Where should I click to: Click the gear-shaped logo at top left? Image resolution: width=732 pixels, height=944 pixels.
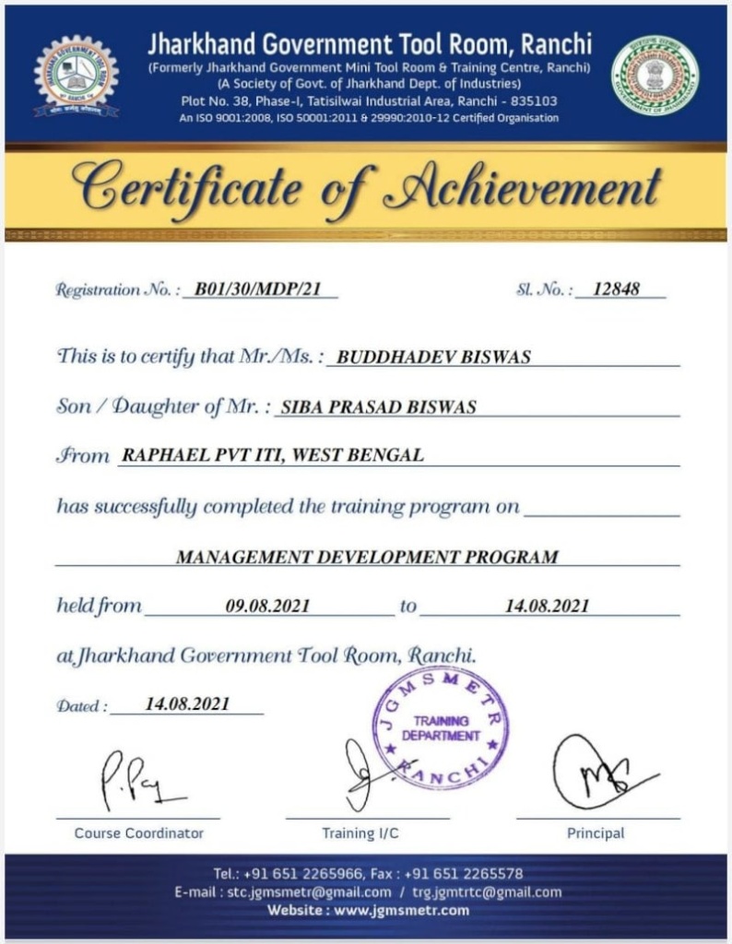click(x=76, y=77)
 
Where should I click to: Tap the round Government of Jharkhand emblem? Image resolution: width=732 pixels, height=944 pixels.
click(x=655, y=77)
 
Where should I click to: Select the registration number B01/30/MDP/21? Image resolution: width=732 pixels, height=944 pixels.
click(x=260, y=289)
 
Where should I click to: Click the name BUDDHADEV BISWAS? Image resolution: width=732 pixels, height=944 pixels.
click(x=434, y=357)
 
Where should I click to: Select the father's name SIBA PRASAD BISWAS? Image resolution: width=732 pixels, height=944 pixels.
click(x=378, y=407)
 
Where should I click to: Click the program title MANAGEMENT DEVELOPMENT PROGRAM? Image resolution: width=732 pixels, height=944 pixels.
click(x=367, y=557)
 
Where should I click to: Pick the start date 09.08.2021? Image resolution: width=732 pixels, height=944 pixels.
click(x=267, y=606)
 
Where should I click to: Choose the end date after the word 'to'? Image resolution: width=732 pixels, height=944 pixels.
click(x=548, y=606)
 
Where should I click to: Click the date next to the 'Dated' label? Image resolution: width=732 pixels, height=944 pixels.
click(x=188, y=704)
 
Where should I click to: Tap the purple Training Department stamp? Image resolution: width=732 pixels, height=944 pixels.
click(x=440, y=728)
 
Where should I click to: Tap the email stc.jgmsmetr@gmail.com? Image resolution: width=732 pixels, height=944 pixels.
click(x=305, y=891)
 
